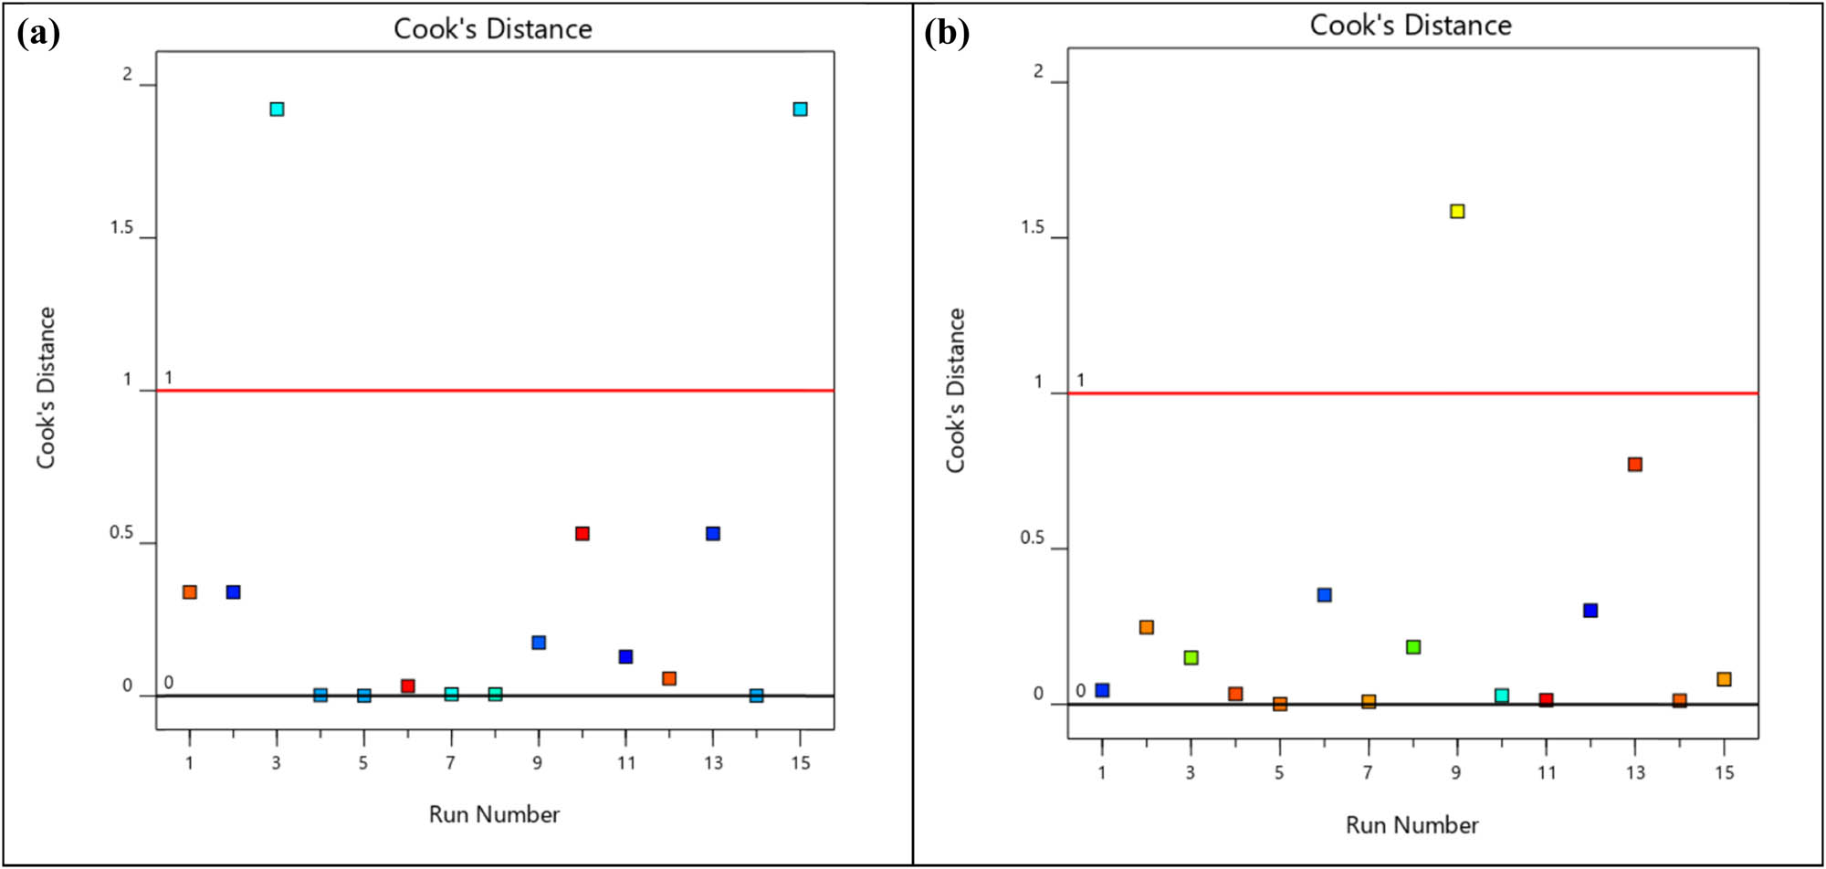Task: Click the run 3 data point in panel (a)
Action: [277, 110]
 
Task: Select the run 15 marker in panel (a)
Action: [800, 110]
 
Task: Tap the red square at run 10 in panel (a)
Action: [582, 534]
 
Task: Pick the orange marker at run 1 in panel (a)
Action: [190, 592]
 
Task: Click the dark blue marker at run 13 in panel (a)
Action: [713, 534]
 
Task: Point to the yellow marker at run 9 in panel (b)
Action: [1457, 212]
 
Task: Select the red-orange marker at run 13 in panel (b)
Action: [1634, 465]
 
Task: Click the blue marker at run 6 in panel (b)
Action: [1324, 595]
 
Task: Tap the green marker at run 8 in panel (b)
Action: [1413, 647]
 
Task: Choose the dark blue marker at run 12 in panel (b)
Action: [1590, 611]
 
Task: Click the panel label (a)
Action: [38, 34]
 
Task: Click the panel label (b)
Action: [947, 34]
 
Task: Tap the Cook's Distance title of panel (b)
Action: [1411, 26]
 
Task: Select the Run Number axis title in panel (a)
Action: [494, 814]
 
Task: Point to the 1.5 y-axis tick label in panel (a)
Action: [121, 227]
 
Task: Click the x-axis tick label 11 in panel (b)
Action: [1546, 773]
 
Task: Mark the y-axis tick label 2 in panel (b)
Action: [1038, 71]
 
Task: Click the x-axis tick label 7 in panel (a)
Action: [450, 763]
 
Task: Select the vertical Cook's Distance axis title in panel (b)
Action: [955, 391]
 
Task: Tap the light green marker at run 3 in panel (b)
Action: [1191, 658]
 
